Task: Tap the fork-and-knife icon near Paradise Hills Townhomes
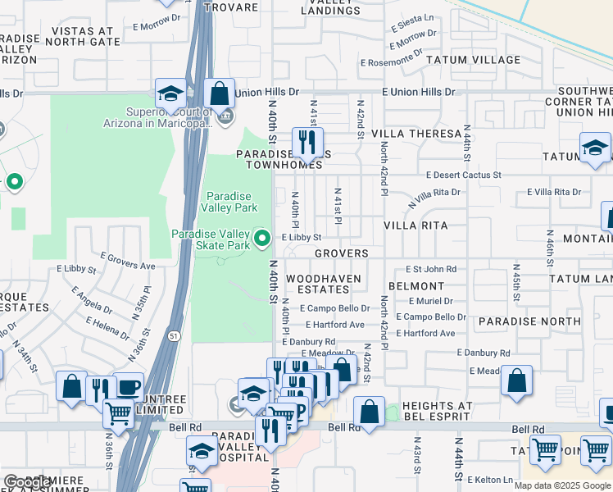(307, 143)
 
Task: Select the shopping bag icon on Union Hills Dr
(219, 93)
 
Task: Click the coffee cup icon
(128, 386)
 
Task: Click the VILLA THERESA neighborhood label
(416, 133)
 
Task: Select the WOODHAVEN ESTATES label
(317, 284)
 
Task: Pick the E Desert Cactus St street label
(463, 175)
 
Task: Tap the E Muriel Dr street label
(430, 301)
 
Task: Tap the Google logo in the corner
(26, 482)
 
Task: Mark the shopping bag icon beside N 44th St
(516, 381)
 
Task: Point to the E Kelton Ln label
(495, 479)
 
